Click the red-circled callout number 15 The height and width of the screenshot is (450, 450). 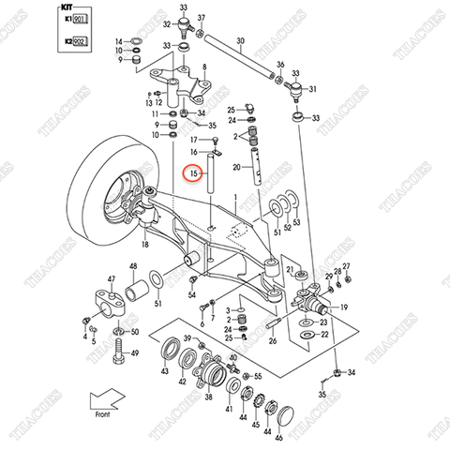192,174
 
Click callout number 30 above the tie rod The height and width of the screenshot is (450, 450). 240,41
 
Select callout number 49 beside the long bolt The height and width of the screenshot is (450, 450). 134,352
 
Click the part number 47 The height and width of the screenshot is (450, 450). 111,279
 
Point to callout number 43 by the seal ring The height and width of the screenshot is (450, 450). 165,371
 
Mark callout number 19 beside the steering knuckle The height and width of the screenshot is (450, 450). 344,307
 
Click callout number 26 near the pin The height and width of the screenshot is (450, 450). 272,340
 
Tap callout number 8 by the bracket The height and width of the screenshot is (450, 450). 204,68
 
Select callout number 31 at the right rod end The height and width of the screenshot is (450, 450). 313,90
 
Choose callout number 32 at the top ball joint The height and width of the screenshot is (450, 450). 167,24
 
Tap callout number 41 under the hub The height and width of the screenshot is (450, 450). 227,409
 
